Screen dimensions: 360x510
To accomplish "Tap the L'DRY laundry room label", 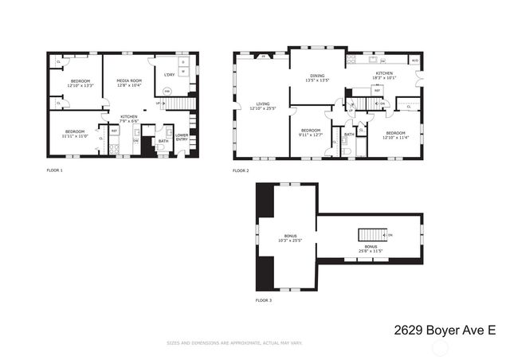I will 169,75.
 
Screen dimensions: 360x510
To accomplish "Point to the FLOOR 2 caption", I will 241,170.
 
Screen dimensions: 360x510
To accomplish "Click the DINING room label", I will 317,78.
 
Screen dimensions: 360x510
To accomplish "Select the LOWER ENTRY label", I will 182,137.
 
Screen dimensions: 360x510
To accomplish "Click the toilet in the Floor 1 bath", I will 161,147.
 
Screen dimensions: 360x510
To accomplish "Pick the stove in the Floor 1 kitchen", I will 114,147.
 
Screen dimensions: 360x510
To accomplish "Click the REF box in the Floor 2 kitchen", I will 377,91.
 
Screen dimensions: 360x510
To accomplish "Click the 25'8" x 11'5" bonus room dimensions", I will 371,251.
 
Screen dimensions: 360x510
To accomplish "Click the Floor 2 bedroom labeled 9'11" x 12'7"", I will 310,133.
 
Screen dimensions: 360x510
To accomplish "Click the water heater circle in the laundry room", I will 167,92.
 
